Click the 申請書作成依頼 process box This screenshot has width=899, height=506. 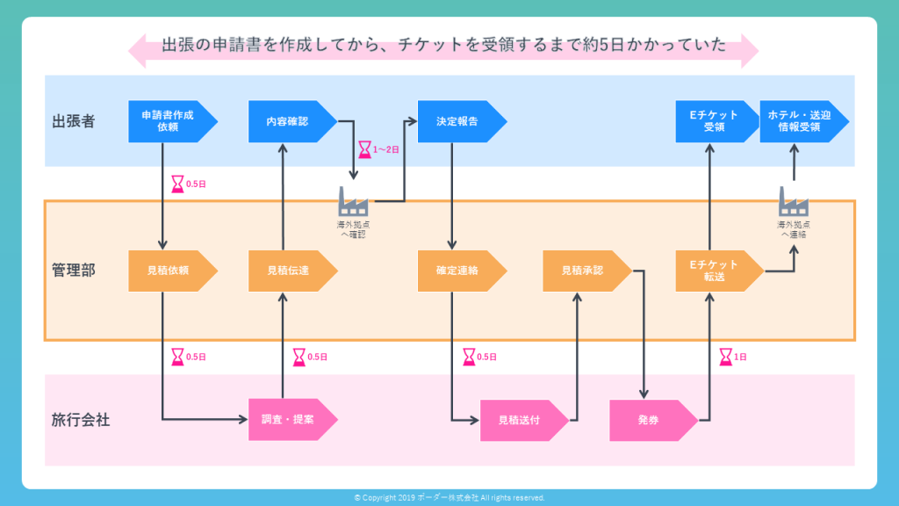coord(168,121)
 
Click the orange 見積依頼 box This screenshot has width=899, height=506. coord(168,271)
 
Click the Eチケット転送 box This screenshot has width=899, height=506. coord(714,271)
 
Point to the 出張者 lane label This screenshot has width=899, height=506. coord(74,121)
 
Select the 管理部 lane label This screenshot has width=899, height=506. coord(74,271)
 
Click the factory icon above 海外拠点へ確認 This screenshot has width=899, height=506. coord(353,201)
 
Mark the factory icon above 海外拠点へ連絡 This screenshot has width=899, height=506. coord(794,201)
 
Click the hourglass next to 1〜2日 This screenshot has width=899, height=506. coord(364,149)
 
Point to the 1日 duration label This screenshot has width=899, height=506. coord(740,357)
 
